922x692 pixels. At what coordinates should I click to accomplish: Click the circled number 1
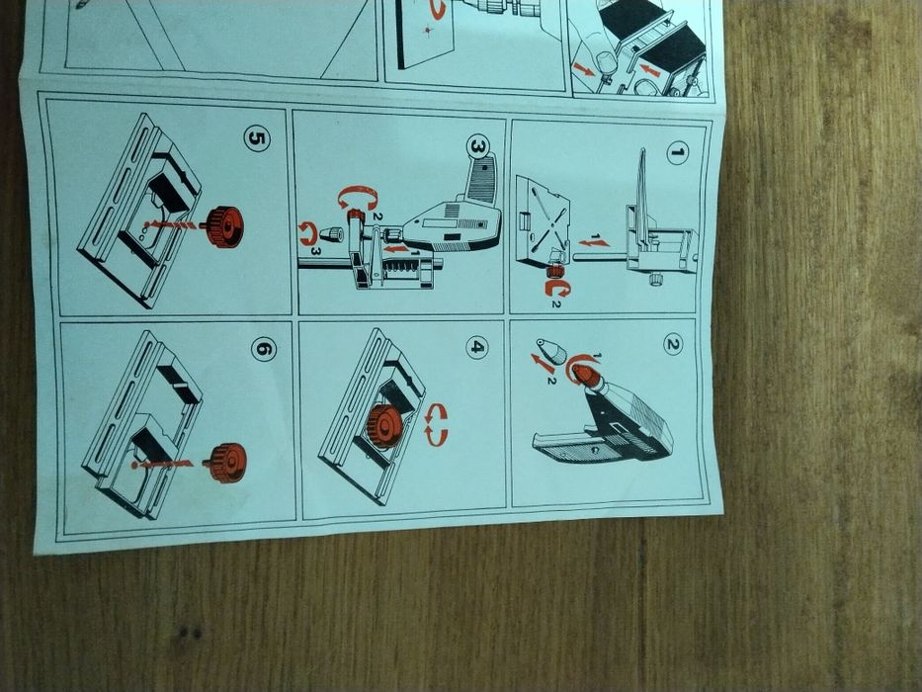point(677,153)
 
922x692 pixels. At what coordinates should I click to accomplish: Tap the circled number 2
point(673,344)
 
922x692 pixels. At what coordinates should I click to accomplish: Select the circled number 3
point(476,147)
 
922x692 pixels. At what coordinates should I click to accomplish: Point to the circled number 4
point(476,347)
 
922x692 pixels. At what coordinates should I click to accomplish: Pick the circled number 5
point(257,138)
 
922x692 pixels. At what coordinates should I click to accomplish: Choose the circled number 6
point(264,350)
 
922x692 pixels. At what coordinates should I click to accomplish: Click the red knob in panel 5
point(223,226)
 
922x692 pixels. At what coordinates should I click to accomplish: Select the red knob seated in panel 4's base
point(383,425)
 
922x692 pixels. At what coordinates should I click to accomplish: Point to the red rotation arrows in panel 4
point(436,425)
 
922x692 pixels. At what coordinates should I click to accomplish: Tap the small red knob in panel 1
point(553,271)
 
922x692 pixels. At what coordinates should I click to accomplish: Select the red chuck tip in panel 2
point(586,376)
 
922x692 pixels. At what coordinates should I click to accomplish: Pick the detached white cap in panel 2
point(551,351)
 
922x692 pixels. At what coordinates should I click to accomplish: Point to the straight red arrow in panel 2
point(543,364)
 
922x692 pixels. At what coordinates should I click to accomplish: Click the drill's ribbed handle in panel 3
point(481,180)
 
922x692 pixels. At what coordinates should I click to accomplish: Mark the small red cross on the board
point(428,29)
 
